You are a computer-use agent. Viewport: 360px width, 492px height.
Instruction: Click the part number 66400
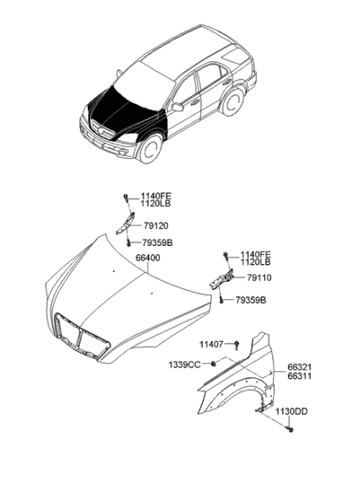[x=148, y=258]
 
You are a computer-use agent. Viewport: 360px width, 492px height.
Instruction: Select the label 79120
[x=156, y=225]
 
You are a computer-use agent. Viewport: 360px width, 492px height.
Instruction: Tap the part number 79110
[x=259, y=278]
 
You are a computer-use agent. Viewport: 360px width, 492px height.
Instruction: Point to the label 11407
[x=212, y=344]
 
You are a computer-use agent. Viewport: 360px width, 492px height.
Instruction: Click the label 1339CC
[x=185, y=365]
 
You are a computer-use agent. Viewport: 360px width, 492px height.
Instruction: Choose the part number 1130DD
[x=292, y=412]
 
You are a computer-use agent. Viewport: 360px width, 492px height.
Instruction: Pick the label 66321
[x=299, y=367]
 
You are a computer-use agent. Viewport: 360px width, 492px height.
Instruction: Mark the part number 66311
[x=299, y=376]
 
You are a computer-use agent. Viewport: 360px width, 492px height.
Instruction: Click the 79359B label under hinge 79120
[x=157, y=243]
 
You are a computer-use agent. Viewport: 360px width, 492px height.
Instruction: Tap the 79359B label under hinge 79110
[x=251, y=300]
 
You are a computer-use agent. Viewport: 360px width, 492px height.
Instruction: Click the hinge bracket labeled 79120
[x=125, y=223]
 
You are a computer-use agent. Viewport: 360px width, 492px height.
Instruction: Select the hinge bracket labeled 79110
[x=221, y=280]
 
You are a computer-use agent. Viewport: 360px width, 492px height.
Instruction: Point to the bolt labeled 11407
[x=237, y=345]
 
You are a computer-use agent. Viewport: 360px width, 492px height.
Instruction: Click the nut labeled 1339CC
[x=213, y=363]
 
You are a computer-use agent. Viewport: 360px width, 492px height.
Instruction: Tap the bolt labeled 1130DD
[x=290, y=429]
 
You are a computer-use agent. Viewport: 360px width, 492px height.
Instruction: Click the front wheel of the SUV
[x=151, y=148]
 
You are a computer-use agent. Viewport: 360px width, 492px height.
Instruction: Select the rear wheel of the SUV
[x=233, y=101]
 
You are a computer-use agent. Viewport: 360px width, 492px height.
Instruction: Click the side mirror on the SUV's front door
[x=178, y=107]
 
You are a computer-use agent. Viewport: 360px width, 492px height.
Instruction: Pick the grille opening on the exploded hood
[x=81, y=335]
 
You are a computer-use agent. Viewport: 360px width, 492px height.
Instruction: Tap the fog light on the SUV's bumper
[x=122, y=153]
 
